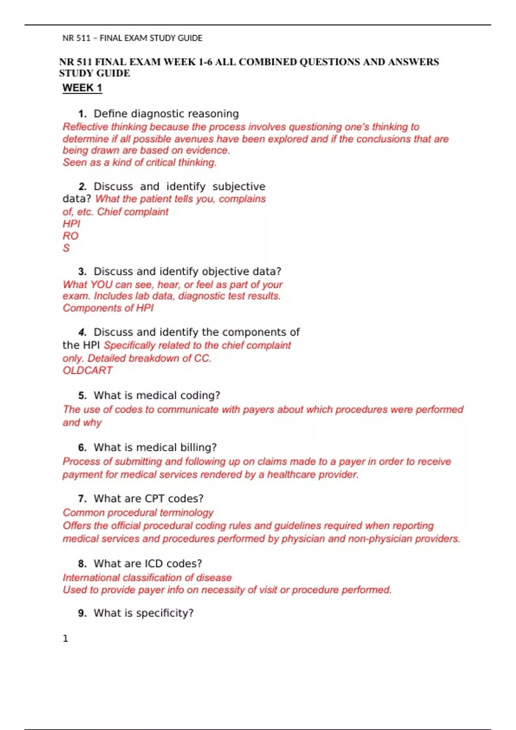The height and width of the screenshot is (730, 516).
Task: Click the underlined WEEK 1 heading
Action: click(82, 88)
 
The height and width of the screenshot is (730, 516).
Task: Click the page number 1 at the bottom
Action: click(65, 639)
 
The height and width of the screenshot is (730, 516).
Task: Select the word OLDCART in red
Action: click(87, 370)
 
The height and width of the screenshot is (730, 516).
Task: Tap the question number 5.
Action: click(82, 395)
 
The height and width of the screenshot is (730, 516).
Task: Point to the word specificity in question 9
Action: click(165, 613)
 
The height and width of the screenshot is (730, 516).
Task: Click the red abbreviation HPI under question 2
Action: click(71, 224)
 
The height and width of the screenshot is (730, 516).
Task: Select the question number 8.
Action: click(82, 563)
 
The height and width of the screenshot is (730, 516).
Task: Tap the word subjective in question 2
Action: click(239, 186)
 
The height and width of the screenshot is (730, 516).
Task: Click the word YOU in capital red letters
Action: click(101, 285)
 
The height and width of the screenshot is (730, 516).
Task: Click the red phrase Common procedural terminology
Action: click(138, 513)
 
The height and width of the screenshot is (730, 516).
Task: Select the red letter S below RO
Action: click(66, 248)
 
